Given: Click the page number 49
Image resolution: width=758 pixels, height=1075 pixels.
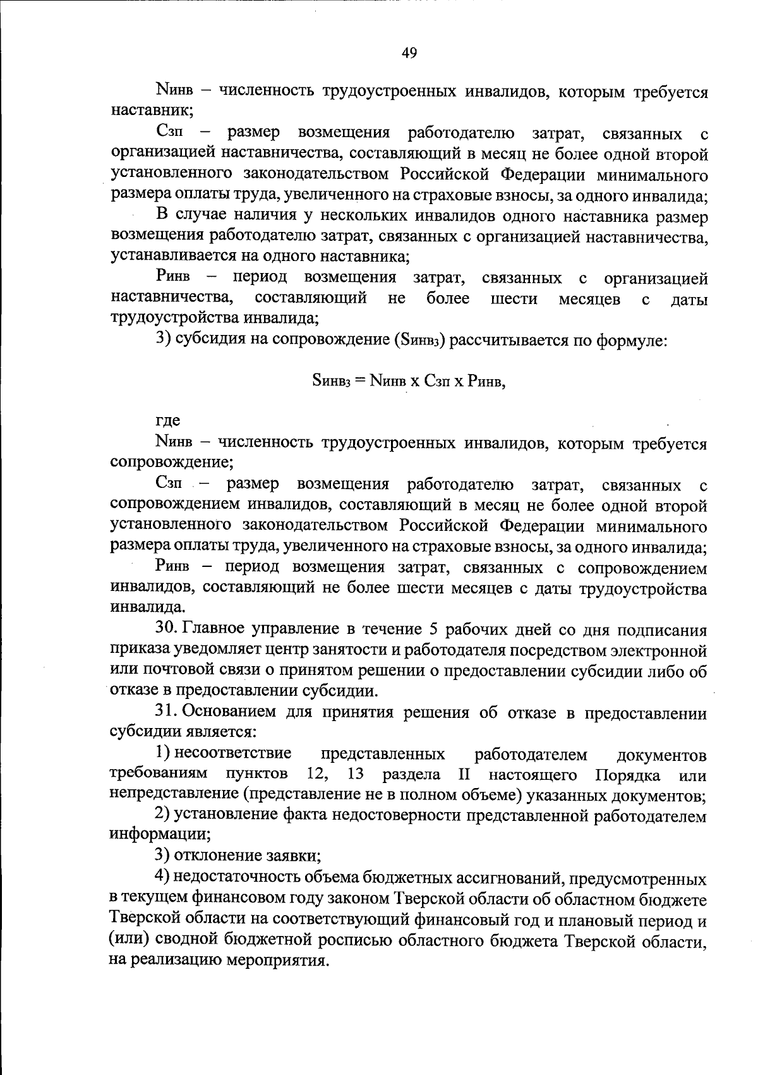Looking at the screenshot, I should coord(409,54).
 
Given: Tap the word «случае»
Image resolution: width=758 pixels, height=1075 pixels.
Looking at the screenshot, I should coord(210,217).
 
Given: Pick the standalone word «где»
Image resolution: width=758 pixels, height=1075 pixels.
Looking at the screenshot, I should coord(168,420).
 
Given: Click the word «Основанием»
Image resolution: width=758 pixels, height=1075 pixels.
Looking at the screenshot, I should coord(229,712).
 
